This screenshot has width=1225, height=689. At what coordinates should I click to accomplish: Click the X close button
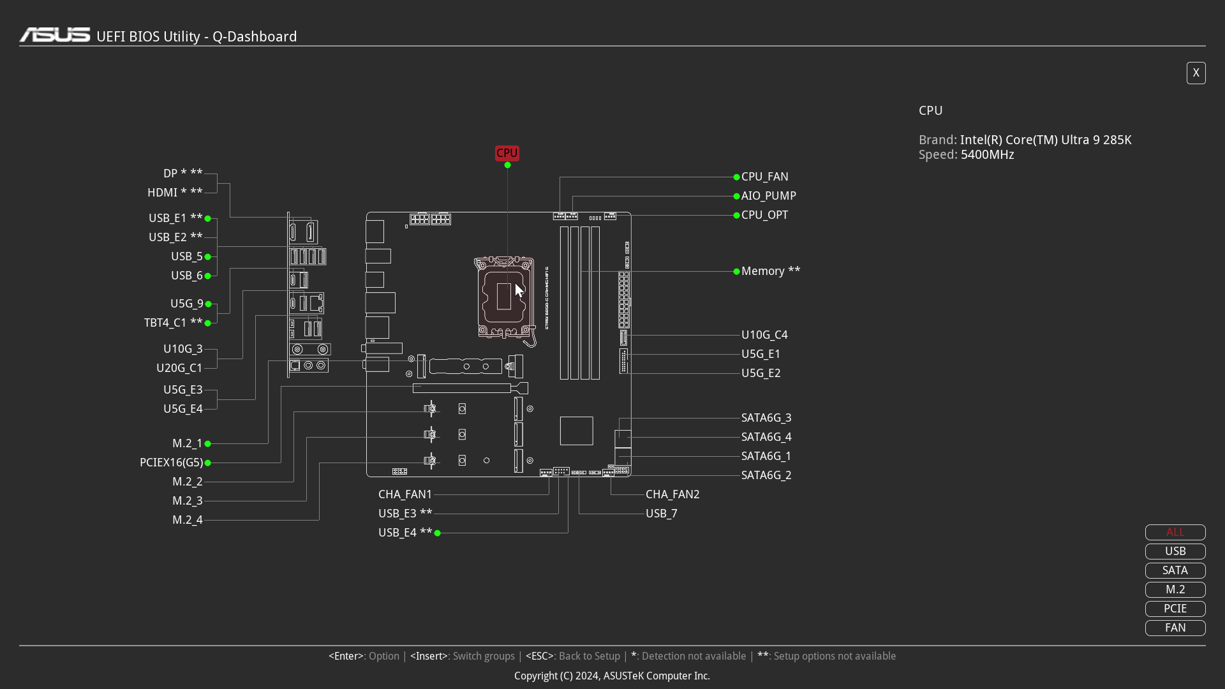[1196, 73]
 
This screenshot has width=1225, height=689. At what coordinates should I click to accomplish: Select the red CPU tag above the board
[507, 153]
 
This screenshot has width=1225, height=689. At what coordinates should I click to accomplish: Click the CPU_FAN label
[764, 177]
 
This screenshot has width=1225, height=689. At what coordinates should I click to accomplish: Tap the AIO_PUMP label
[768, 196]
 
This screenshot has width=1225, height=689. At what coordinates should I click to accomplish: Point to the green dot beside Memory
[736, 271]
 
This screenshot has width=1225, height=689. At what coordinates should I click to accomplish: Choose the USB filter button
[1175, 551]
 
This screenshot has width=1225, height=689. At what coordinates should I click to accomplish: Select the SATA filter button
[1175, 570]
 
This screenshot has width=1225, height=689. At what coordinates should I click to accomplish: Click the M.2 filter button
[1175, 589]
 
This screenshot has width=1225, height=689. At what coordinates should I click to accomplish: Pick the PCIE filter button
[1175, 609]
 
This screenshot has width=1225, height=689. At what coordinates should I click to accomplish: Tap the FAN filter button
[1175, 628]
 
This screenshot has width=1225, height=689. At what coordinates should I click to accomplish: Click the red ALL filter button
[1175, 532]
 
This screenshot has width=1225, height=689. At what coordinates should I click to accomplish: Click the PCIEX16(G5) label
[171, 463]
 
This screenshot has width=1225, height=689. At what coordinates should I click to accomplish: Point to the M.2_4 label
[187, 520]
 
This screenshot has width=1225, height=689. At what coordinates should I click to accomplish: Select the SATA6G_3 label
[766, 418]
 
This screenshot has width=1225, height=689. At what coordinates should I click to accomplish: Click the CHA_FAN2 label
[672, 494]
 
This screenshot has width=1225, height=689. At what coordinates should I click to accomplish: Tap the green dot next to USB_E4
[437, 533]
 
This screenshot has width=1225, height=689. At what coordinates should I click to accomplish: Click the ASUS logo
[55, 35]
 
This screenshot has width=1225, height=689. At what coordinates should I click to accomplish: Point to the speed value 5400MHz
[987, 155]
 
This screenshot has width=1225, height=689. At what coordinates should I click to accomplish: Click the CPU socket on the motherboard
[504, 297]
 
